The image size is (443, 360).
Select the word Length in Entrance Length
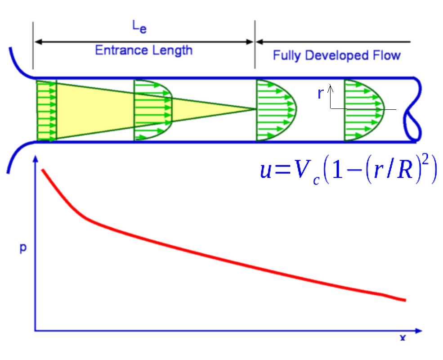coord(171,50)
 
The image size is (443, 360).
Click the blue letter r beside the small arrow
coord(321,94)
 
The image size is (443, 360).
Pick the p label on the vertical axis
coord(22,248)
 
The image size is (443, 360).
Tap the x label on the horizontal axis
coord(403,338)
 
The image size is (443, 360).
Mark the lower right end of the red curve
coord(405,300)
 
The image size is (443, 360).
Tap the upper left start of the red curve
coord(42,170)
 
